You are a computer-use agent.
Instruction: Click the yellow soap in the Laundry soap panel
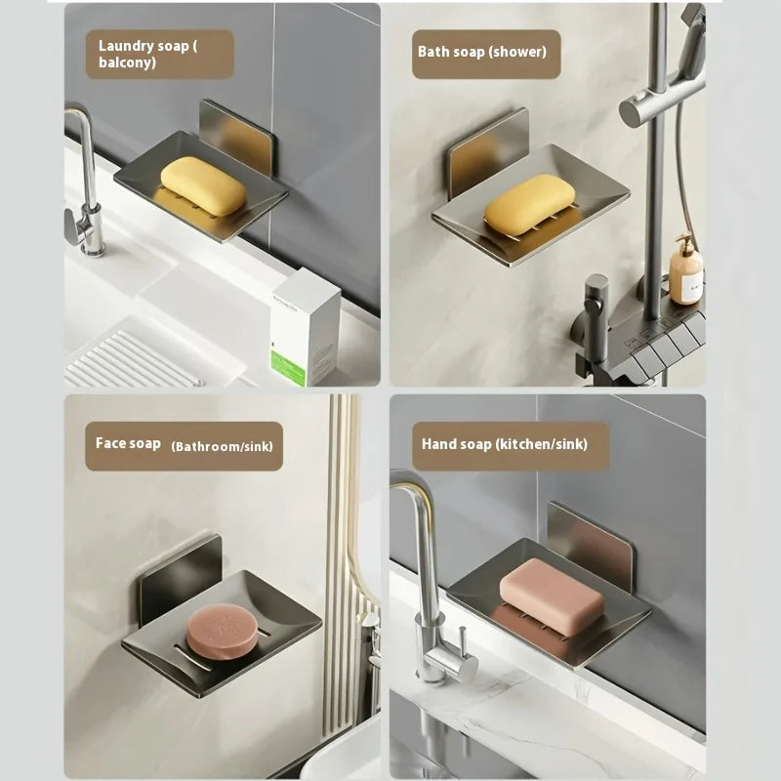pos(203,186)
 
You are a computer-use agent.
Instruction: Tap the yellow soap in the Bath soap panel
pos(529,204)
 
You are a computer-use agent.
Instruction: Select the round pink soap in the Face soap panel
pos(223,631)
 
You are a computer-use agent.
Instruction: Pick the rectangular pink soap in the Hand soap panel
pos(552,596)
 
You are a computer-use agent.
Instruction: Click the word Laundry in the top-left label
pos(126,46)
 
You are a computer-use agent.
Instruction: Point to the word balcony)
pos(128,62)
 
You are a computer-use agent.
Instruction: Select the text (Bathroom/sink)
pos(223,446)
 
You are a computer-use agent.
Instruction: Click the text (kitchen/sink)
pos(542,444)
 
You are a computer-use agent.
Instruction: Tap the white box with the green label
pos(306,328)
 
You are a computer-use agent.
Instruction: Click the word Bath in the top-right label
pos(431,52)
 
